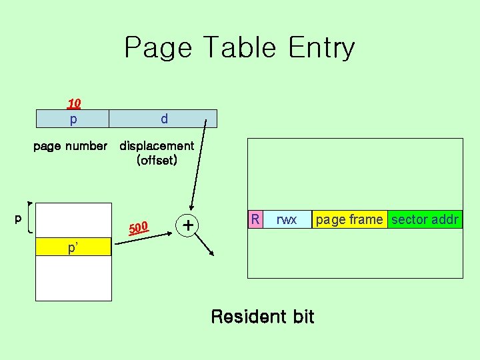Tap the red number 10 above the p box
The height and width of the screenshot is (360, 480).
[74, 103]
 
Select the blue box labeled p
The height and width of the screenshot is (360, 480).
[73, 119]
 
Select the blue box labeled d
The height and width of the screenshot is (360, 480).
[163, 119]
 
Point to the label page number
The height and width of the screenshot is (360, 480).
[70, 145]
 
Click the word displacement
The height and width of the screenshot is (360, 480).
[157, 145]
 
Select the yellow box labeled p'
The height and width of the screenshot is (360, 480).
[73, 248]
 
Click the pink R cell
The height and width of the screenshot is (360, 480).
[254, 219]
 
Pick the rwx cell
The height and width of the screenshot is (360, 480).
[287, 219]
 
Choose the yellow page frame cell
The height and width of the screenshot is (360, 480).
[349, 219]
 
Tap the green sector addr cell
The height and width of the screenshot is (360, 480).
[425, 219]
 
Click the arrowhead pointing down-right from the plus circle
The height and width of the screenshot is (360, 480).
[211, 253]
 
